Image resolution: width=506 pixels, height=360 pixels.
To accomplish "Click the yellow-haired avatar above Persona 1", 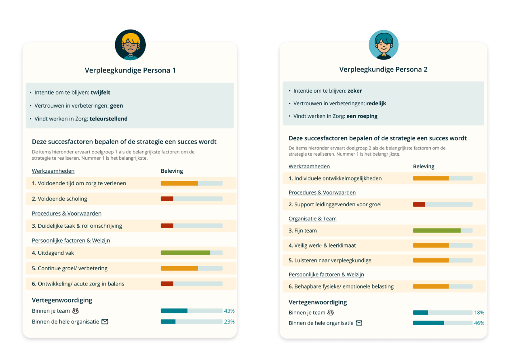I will (130, 45).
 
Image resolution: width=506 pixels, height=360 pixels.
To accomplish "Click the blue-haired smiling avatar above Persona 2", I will (383, 44).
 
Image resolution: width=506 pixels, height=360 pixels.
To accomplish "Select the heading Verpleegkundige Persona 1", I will (130, 70).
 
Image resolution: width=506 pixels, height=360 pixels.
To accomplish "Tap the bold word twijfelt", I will (101, 93).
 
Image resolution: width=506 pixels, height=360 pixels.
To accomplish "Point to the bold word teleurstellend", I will (109, 119).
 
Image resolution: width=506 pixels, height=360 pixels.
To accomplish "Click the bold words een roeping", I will (362, 116).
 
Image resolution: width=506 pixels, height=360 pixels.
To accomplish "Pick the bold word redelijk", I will (376, 104).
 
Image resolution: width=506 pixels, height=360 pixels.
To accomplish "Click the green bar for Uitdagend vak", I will (185, 253).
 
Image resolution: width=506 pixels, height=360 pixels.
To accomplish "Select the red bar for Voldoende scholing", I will (167, 199).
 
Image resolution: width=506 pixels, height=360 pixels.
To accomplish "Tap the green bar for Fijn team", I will (436, 231).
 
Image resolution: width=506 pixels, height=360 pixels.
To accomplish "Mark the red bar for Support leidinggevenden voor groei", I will (419, 205).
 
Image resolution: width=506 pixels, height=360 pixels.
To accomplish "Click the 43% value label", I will (229, 311).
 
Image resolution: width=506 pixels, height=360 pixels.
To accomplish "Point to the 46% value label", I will (479, 323).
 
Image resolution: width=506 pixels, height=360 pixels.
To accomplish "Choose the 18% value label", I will (479, 313).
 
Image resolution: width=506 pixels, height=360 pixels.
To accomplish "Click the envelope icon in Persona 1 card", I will (105, 322).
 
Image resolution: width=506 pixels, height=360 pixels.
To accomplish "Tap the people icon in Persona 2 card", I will (331, 313).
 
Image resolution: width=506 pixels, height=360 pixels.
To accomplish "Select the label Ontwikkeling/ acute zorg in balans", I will (81, 284).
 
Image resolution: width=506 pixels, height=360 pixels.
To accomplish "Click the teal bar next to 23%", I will (168, 322).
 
